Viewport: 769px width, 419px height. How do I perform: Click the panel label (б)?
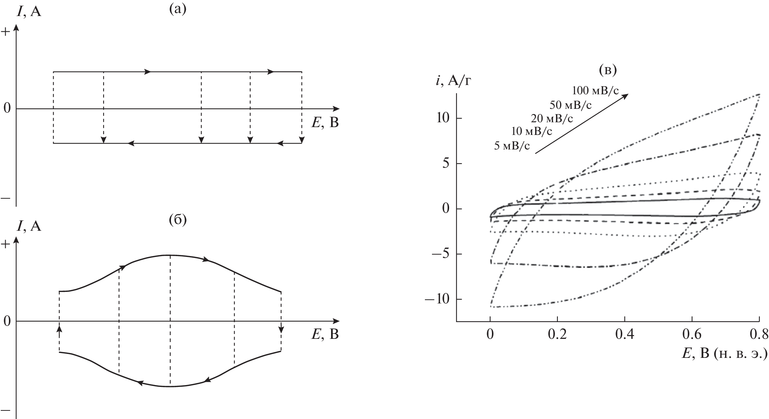(x=178, y=220)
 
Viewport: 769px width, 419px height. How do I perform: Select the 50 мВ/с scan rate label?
(x=571, y=105)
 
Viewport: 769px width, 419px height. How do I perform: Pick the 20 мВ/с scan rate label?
(x=552, y=119)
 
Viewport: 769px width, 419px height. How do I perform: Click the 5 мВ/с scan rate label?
(x=512, y=146)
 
